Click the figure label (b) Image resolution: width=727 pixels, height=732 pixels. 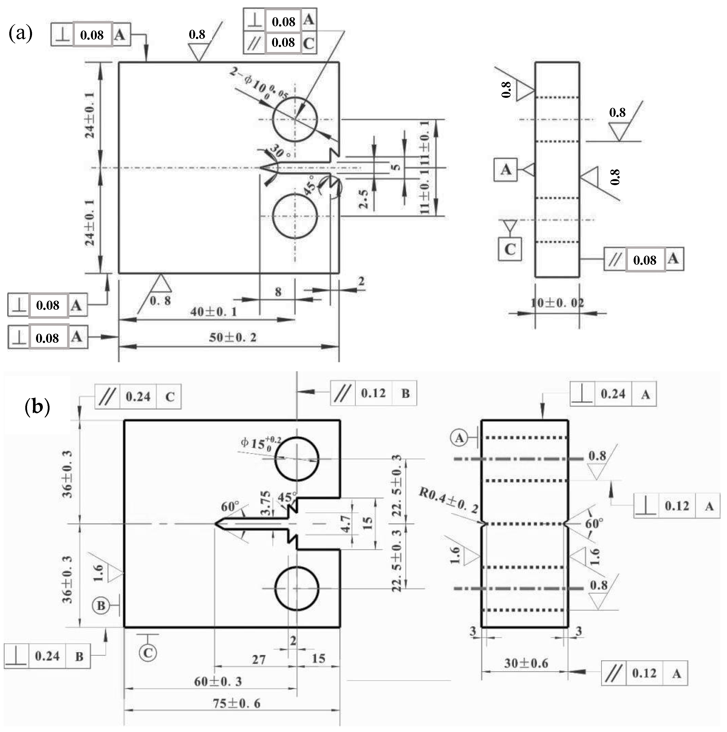[37, 407]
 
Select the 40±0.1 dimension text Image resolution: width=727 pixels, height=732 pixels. [213, 312]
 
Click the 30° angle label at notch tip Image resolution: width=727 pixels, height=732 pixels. [281, 152]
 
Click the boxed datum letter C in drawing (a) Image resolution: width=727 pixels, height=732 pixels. [510, 249]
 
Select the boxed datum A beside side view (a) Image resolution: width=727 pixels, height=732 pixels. [505, 170]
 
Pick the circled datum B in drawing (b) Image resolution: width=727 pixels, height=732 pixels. [101, 605]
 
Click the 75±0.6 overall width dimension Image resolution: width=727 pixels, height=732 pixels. [236, 703]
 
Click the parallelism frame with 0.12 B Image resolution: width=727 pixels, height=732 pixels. [373, 393]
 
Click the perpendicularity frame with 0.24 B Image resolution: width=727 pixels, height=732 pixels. [47, 656]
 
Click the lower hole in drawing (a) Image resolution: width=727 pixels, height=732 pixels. [295, 216]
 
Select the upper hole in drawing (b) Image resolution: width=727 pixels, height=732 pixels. [297, 459]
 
